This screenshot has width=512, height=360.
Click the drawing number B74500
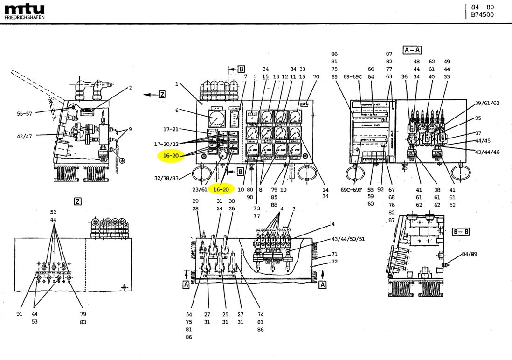point(482,15)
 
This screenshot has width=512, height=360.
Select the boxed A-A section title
point(412,49)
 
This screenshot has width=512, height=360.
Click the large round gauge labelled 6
point(216,119)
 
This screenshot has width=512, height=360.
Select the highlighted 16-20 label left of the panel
point(171,156)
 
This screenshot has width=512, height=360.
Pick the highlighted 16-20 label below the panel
point(221,189)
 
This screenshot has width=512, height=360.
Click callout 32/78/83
point(167,178)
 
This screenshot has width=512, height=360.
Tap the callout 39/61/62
point(487,103)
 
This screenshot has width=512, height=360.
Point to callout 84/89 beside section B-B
point(469,254)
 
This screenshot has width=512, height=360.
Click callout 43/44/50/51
point(347,239)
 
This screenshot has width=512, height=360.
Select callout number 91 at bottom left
point(20,314)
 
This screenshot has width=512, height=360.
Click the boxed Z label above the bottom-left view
point(78,201)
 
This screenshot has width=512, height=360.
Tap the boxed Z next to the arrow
point(162,95)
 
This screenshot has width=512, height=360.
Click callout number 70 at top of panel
point(316,76)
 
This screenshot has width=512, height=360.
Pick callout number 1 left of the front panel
point(177,84)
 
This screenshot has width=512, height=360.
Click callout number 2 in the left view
point(131,87)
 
